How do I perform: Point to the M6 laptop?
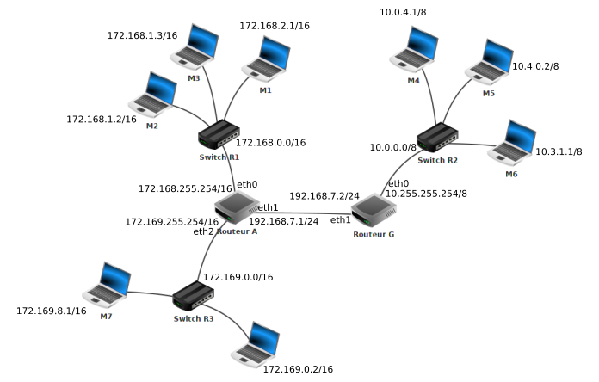click(513, 144)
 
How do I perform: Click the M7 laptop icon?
click(107, 286)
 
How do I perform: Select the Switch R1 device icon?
click(219, 134)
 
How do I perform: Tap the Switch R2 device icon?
click(438, 138)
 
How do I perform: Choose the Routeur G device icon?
click(374, 211)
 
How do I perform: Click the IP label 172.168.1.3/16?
click(142, 36)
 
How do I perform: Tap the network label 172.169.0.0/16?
click(238, 278)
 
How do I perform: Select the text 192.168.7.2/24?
click(324, 196)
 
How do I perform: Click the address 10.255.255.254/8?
click(426, 194)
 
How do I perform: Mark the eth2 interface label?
click(203, 231)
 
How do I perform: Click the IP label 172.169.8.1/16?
click(52, 311)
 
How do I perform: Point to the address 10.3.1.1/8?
click(559, 151)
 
